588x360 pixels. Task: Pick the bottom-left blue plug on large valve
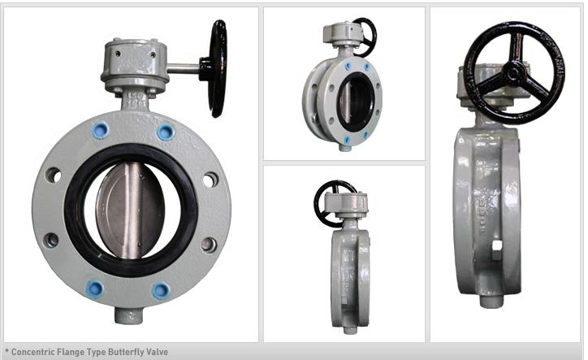95,288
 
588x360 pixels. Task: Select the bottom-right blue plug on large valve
162,290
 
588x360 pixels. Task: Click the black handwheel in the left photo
218,68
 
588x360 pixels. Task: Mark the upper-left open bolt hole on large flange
54,175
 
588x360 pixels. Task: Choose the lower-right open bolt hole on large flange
209,245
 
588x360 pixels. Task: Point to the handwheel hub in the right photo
512,72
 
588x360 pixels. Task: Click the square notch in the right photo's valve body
495,245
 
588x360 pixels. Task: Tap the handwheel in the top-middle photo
365,35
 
